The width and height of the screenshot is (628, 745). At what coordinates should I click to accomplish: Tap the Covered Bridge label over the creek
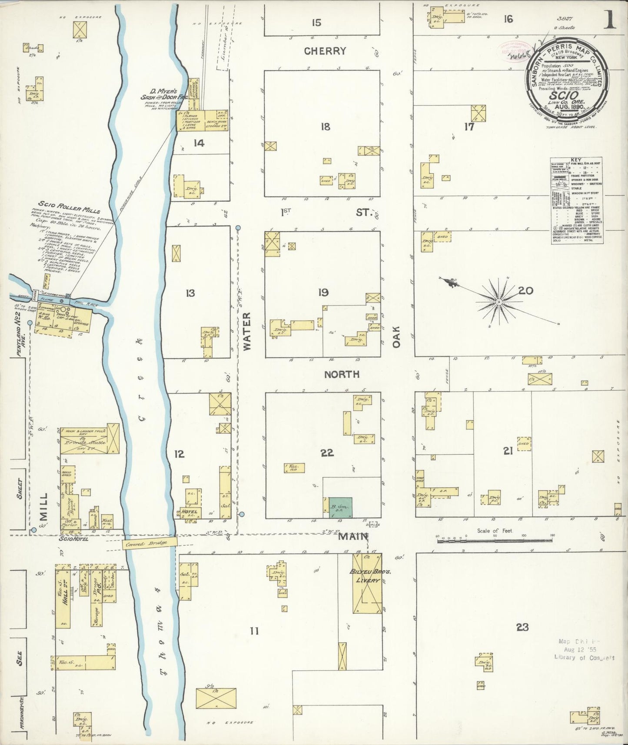pos(150,543)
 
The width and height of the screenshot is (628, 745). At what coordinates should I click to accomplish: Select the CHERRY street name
pos(326,51)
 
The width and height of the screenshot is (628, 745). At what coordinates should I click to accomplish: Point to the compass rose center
pos(499,301)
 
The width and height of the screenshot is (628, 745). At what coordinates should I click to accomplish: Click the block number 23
pos(522,627)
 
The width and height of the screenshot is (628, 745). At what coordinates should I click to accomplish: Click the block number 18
pos(325,126)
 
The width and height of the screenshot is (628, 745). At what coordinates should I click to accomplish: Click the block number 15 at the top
pos(316,22)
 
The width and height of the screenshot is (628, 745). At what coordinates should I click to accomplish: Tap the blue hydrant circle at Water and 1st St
pos(238,228)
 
